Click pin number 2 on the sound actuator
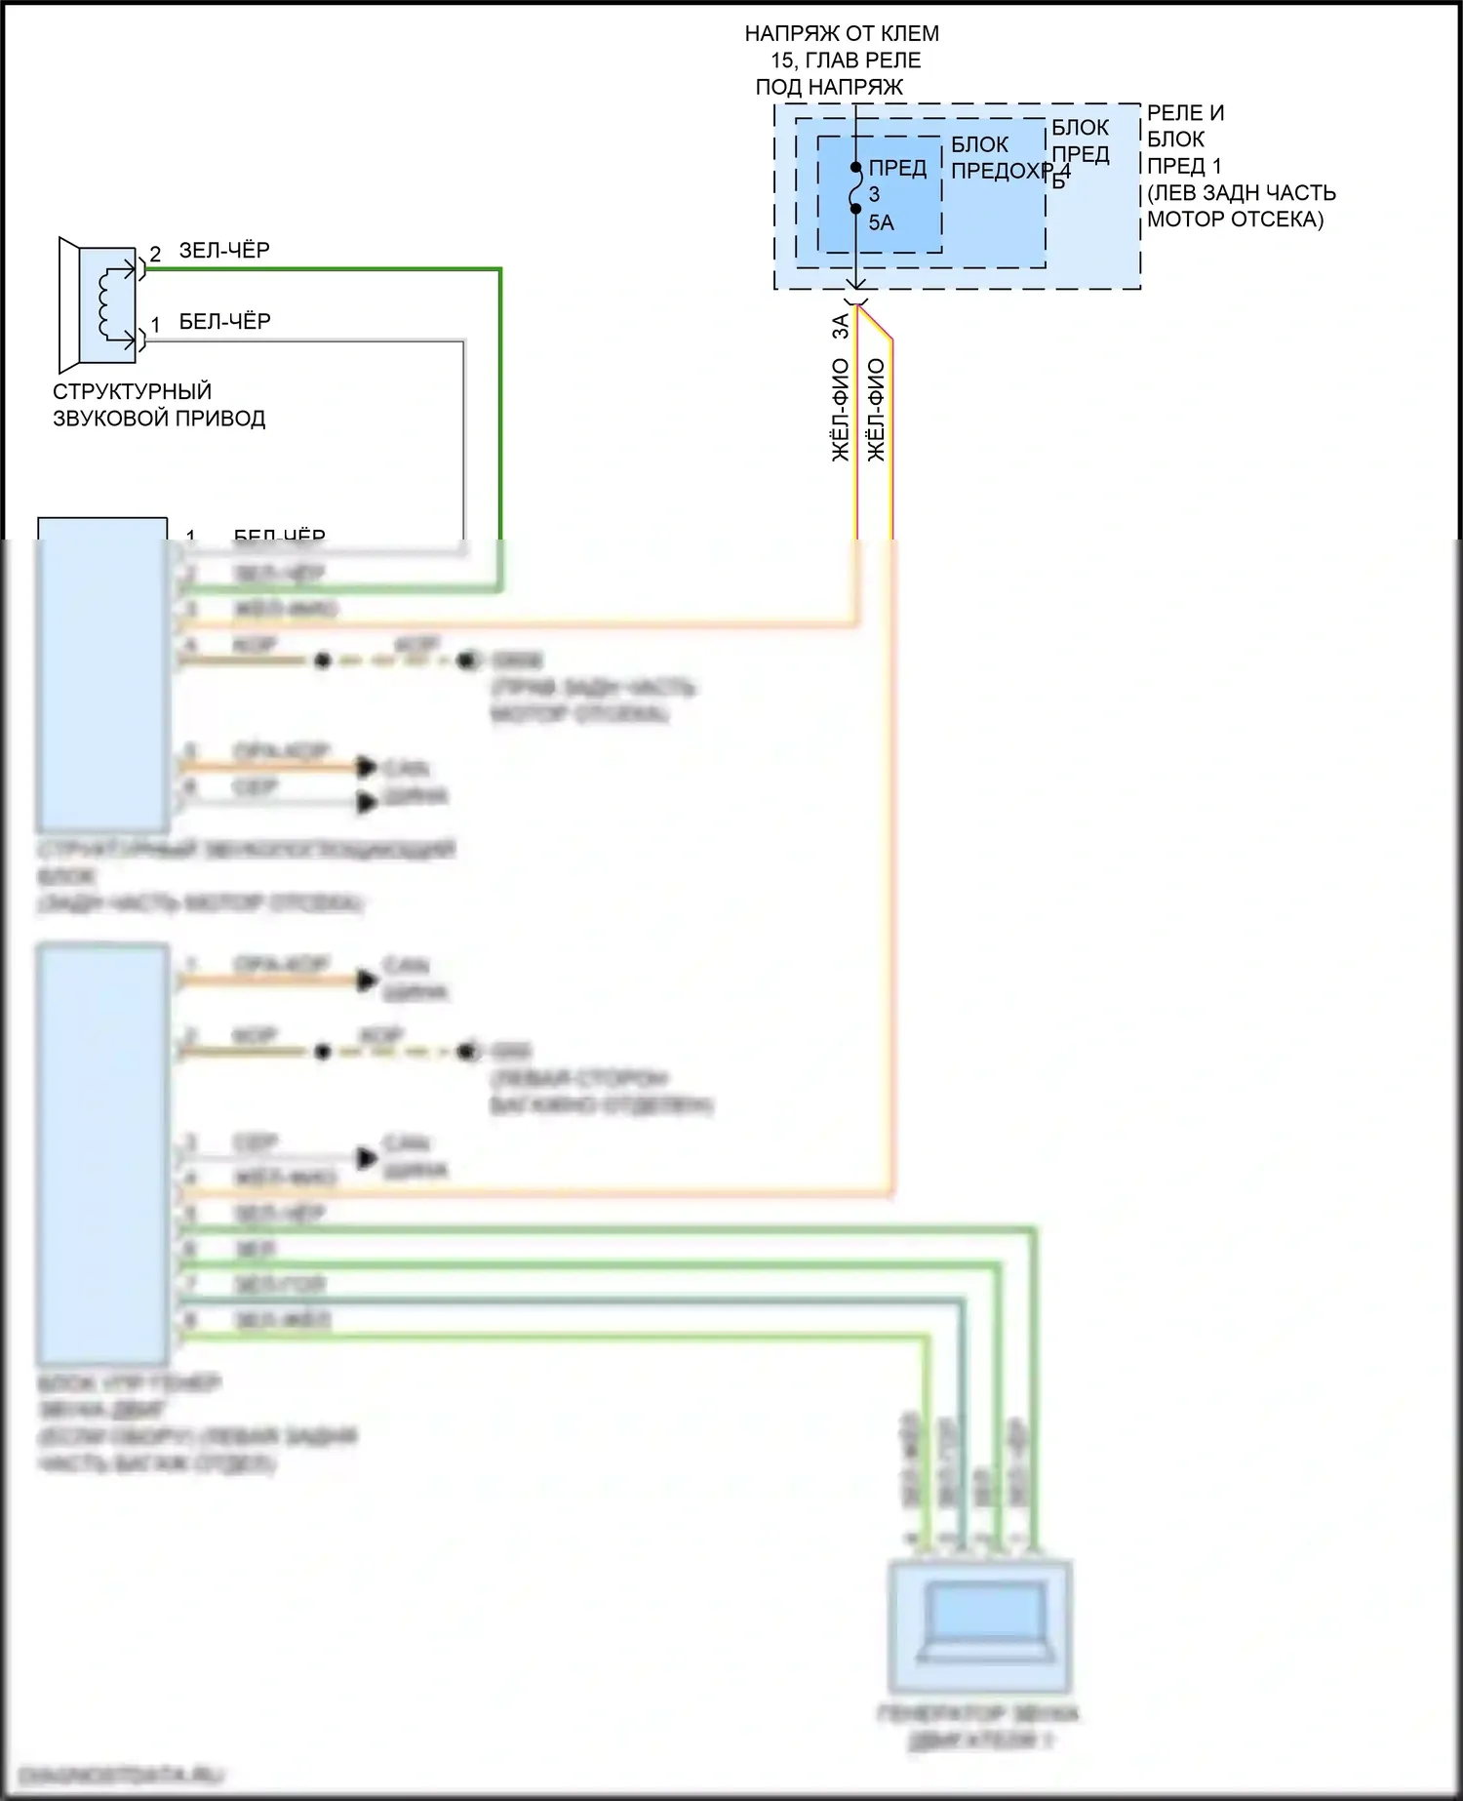[155, 255]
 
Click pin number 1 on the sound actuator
[155, 325]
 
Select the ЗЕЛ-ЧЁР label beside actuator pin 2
[224, 251]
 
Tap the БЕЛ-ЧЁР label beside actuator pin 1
[224, 322]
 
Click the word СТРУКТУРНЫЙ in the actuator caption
[132, 392]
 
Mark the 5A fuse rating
[881, 223]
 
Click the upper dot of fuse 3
[856, 168]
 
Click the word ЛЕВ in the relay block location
[1177, 193]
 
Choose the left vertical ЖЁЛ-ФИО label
[841, 410]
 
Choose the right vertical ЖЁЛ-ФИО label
[876, 410]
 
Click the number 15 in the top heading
[782, 60]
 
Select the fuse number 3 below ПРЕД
[875, 195]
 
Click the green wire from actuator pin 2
[500, 390]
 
